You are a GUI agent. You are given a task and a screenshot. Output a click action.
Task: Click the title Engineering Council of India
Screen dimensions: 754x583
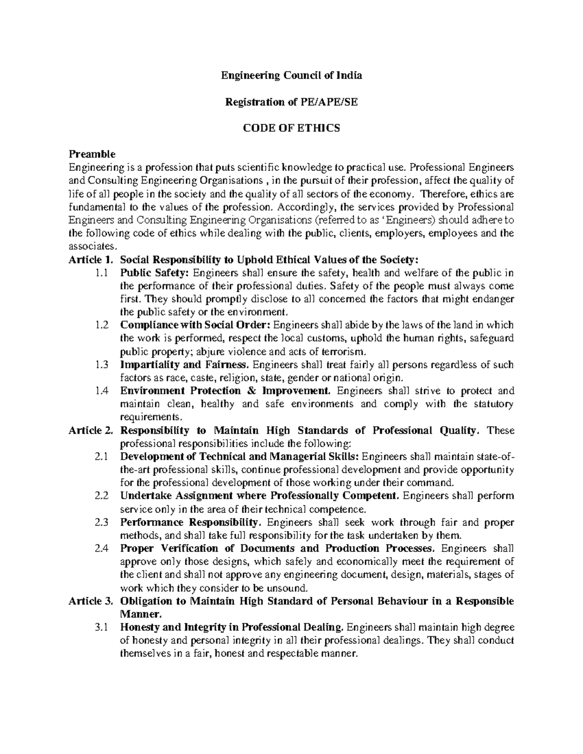tap(291, 76)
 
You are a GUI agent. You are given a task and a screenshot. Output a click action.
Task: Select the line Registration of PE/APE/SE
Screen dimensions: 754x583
tap(291, 102)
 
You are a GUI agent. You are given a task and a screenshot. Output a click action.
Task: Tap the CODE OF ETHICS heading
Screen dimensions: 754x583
tap(291, 128)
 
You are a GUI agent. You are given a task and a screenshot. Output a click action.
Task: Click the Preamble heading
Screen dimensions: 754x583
tap(92, 154)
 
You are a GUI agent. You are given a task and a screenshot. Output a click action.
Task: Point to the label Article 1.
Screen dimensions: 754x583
tap(91, 259)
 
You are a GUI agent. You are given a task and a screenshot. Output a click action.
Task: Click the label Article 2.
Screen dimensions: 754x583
tap(91, 430)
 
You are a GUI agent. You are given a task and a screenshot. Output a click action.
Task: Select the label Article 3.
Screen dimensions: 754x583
tap(91, 601)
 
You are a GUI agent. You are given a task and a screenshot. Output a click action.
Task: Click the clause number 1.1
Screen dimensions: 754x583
tap(102, 273)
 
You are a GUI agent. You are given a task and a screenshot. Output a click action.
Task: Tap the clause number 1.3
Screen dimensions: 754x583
tap(102, 365)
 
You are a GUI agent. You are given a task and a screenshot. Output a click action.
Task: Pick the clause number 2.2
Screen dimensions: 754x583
tap(102, 496)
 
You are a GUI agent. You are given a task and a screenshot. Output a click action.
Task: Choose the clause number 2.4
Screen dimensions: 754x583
tap(102, 549)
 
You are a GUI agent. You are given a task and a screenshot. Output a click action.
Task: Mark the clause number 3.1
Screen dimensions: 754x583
tap(102, 627)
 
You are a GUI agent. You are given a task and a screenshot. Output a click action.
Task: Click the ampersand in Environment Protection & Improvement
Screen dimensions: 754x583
tap(251, 391)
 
